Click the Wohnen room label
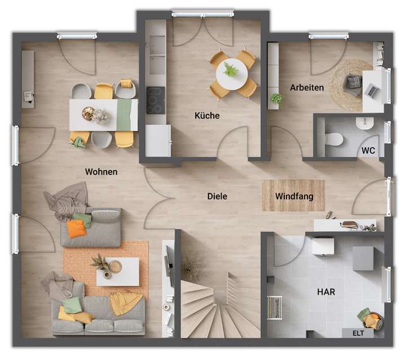[x=101, y=172]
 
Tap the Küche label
[x=207, y=116]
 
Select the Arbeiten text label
[x=307, y=87]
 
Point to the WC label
[x=368, y=151]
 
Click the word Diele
[x=217, y=196]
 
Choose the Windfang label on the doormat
[x=294, y=196]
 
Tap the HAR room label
[x=326, y=293]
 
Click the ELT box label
[x=358, y=332]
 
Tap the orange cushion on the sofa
[x=76, y=228]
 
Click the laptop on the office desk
[x=372, y=89]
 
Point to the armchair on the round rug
[x=354, y=83]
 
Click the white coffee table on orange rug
[x=117, y=271]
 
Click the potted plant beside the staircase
[x=193, y=264]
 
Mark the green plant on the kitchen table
[x=230, y=70]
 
